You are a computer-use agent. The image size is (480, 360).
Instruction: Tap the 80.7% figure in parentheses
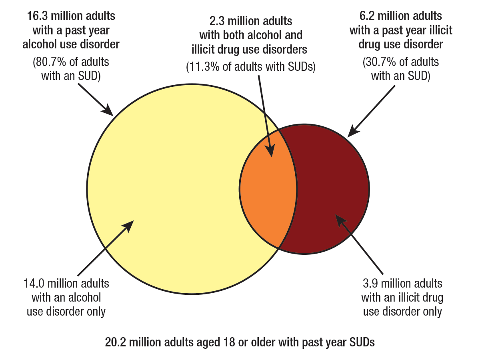[49, 63]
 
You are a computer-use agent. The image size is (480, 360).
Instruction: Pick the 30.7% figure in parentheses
[379, 63]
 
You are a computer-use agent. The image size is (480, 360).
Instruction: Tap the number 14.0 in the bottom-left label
[34, 284]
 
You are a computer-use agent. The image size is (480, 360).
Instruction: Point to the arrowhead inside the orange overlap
[270, 152]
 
